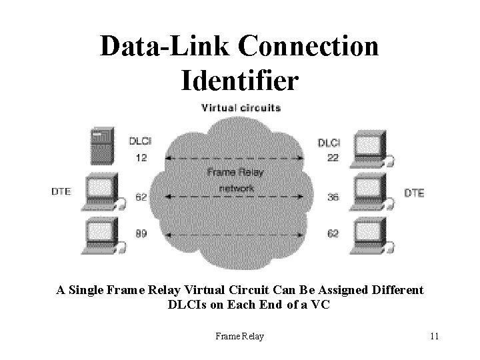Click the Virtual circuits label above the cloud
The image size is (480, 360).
click(241, 107)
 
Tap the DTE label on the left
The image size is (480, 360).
click(61, 193)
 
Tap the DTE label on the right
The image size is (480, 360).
click(415, 193)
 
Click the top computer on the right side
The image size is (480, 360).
click(371, 149)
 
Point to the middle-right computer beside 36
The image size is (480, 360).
click(371, 192)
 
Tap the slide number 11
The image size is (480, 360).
click(434, 336)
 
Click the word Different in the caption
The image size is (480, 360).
click(388, 290)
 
